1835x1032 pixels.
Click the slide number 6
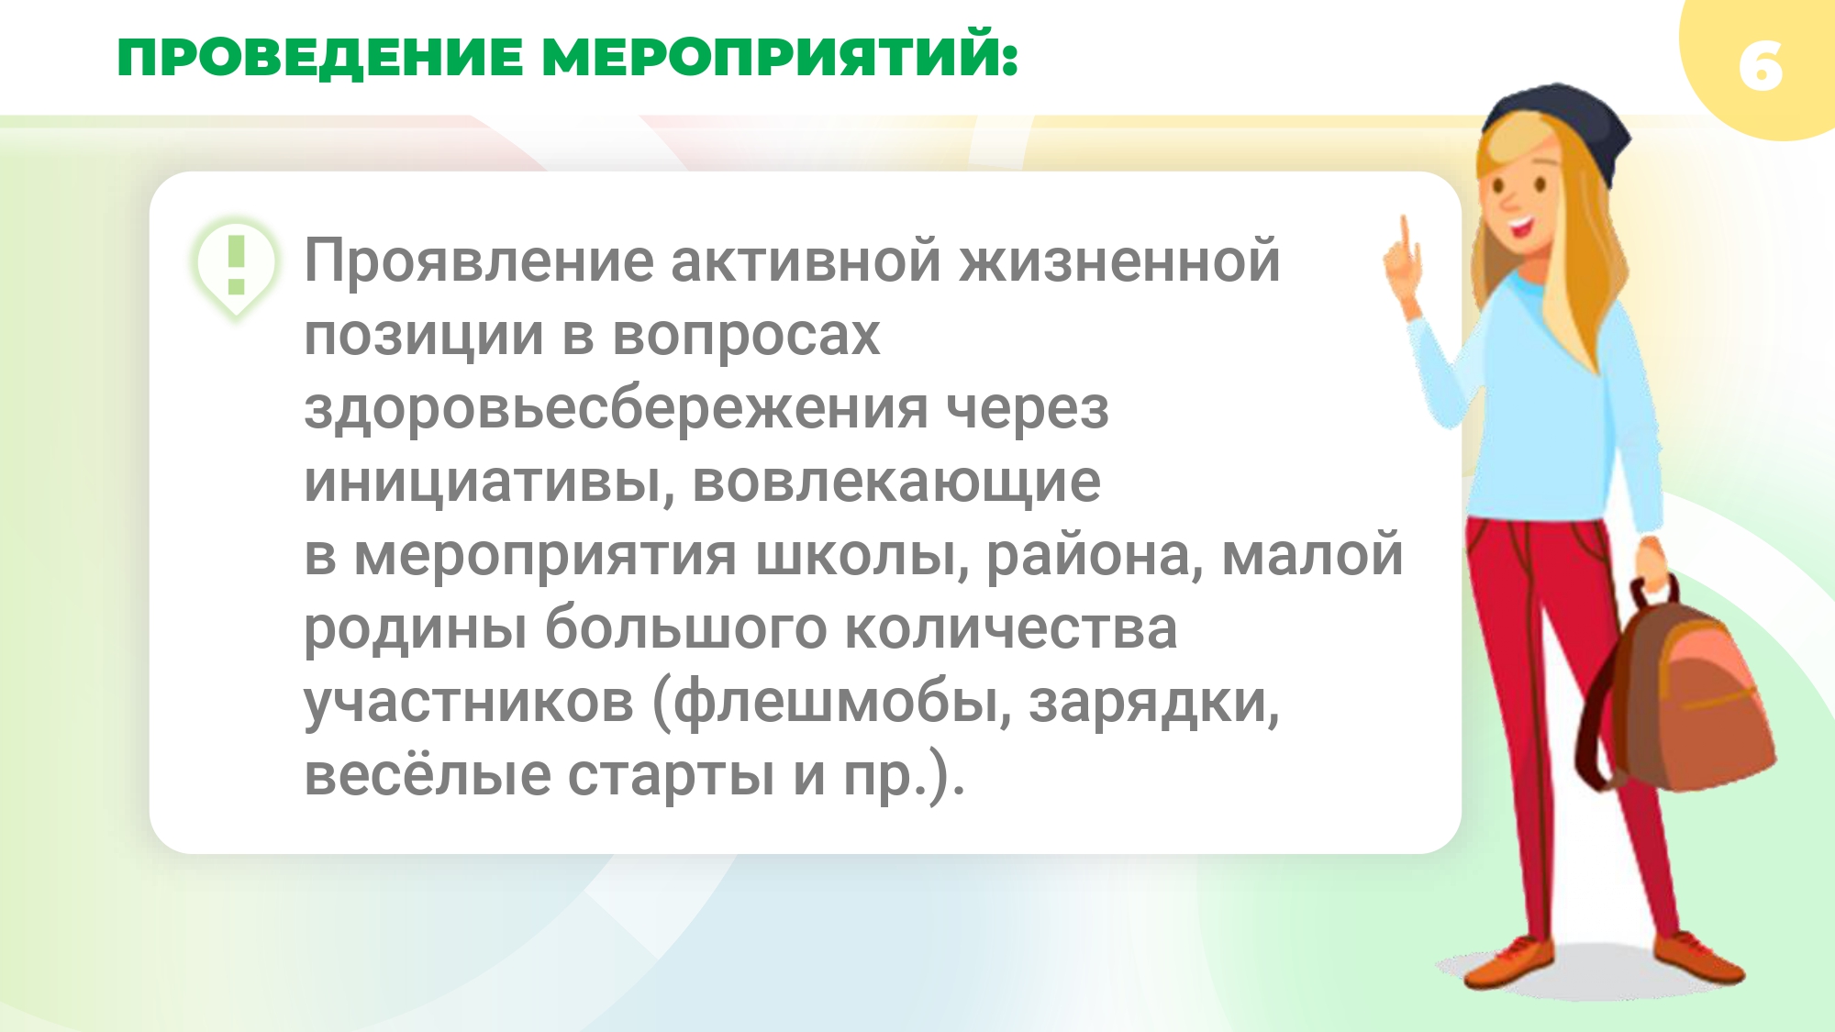tap(1761, 66)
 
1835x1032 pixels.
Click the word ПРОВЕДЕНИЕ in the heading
tap(320, 57)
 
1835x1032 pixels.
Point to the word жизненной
tap(1119, 261)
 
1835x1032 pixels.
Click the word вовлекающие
tap(896, 482)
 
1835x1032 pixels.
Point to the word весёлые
tap(428, 774)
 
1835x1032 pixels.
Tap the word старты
tap(672, 776)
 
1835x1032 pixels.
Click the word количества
tap(1010, 629)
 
